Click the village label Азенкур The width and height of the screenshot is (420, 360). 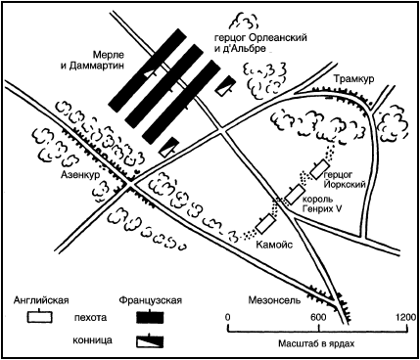pos(80,175)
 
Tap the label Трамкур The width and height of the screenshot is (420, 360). pos(354,79)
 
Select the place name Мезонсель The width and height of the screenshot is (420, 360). pos(274,300)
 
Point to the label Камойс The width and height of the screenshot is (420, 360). pos(274,245)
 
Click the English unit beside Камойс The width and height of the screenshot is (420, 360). pos(265,224)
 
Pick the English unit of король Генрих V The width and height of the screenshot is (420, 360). pos(295,195)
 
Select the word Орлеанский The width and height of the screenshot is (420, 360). pos(277,38)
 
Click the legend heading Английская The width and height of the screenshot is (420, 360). pos(41,300)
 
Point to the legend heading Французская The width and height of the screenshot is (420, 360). pos(150,300)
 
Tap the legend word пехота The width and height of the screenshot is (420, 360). pos(90,318)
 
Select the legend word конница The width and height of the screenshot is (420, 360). pos(92,340)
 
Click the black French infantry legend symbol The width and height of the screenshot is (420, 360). pos(150,317)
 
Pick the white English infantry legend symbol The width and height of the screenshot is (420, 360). pos(40,317)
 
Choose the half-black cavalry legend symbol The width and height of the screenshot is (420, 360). pos(150,341)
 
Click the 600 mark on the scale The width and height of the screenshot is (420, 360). pos(318,318)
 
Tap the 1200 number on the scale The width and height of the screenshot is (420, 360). pos(405,317)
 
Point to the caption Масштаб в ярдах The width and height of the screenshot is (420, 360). pos(316,343)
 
